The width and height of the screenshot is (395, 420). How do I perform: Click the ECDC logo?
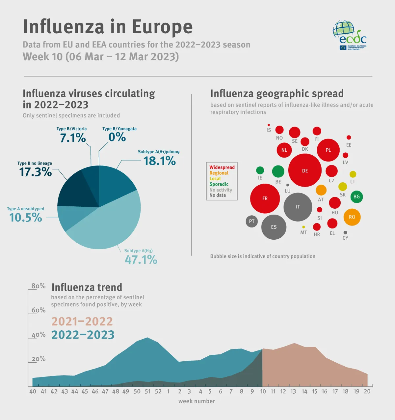pyautogui.click(x=350, y=35)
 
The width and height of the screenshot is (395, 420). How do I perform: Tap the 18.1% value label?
pyautogui.click(x=160, y=161)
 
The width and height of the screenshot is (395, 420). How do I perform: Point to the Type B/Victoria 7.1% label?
pyautogui.click(x=73, y=138)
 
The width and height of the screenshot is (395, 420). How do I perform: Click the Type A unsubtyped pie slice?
pyautogui.click(x=67, y=216)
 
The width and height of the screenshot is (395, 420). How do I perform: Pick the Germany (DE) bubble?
pyautogui.click(x=305, y=170)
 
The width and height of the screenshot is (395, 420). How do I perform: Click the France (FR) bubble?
pyautogui.click(x=265, y=198)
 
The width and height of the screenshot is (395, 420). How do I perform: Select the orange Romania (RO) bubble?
pyautogui.click(x=352, y=217)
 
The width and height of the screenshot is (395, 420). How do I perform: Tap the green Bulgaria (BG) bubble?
pyautogui.click(x=356, y=197)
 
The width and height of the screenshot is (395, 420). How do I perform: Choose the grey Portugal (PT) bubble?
pyautogui.click(x=252, y=221)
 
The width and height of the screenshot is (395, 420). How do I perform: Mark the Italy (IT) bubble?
pyautogui.click(x=298, y=207)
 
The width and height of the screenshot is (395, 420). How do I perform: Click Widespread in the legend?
pyautogui.click(x=222, y=167)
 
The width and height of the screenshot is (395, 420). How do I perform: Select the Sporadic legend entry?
pyautogui.click(x=219, y=184)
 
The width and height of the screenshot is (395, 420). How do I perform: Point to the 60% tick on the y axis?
pyautogui.click(x=39, y=310)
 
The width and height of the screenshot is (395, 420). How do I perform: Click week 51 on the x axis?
pyautogui.click(x=147, y=391)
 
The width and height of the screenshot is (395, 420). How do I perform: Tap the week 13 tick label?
pyautogui.click(x=293, y=391)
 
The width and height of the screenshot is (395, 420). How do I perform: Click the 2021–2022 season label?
pyautogui.click(x=82, y=321)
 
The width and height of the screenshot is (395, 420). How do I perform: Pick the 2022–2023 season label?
pyautogui.click(x=83, y=335)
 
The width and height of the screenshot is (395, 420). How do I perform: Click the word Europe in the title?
pyautogui.click(x=162, y=27)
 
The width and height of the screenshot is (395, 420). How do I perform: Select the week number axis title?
pyautogui.click(x=197, y=401)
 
